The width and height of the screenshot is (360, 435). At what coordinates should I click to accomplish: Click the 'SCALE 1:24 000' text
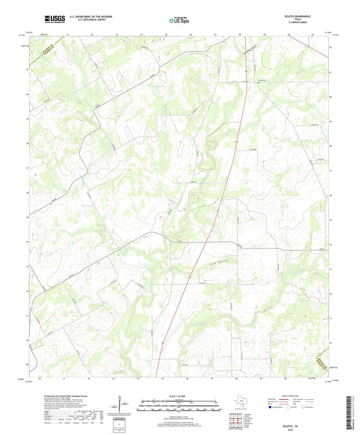[179, 396]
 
